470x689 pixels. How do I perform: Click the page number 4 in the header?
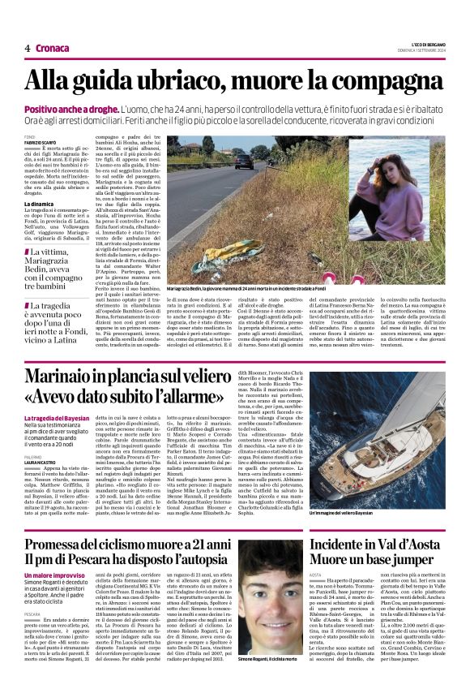click(27, 47)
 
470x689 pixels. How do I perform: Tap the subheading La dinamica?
click(39, 205)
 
